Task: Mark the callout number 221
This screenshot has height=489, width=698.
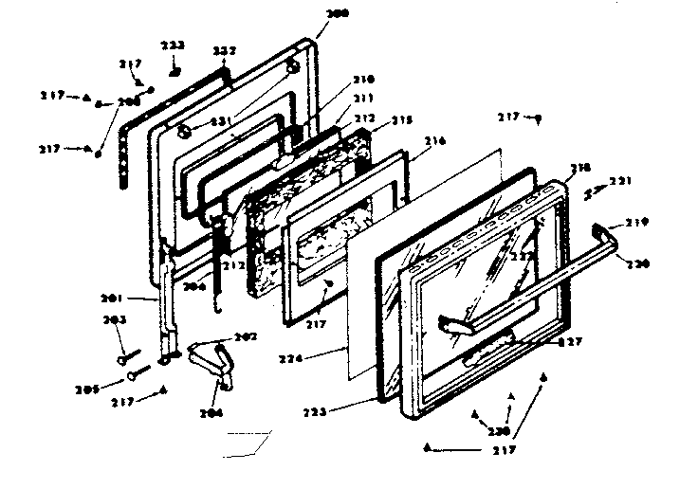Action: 619,180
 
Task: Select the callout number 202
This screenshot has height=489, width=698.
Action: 245,335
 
